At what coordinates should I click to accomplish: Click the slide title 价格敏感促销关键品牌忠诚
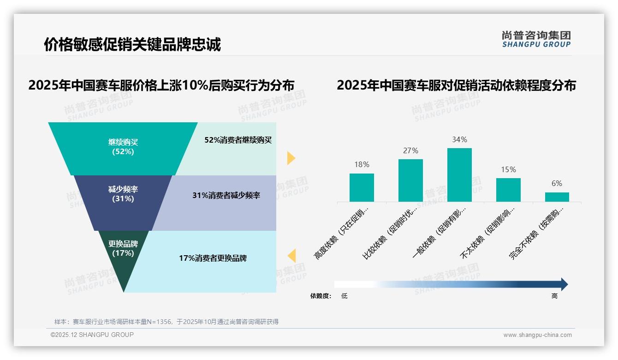click(132, 44)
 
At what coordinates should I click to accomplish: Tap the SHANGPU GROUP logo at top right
click(536, 39)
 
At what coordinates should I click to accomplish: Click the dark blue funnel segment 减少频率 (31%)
click(123, 194)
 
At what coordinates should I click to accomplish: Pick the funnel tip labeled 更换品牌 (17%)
click(123, 252)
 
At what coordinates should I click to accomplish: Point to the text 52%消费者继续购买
click(238, 140)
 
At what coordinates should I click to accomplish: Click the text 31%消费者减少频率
click(226, 195)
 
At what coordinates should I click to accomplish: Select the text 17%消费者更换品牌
click(213, 258)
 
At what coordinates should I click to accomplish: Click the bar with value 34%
click(459, 175)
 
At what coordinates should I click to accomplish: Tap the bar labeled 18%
click(362, 187)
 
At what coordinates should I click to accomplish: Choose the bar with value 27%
click(410, 180)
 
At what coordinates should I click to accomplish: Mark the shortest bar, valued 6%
click(557, 197)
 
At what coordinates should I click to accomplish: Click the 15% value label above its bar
click(508, 169)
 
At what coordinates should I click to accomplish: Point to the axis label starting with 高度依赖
click(342, 233)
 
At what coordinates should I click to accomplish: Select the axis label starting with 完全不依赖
click(537, 233)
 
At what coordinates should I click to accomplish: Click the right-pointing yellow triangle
click(291, 158)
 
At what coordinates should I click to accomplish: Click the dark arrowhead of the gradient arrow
click(564, 284)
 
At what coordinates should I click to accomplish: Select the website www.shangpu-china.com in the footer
click(537, 335)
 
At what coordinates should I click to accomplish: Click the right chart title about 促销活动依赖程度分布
click(456, 85)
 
